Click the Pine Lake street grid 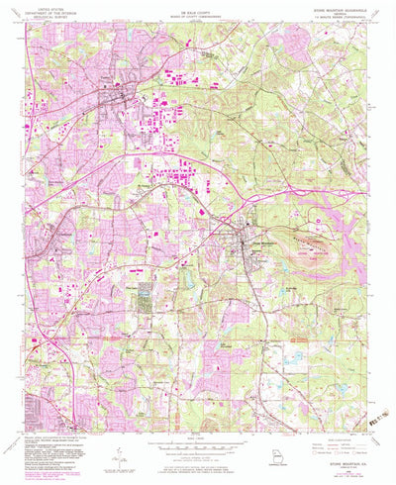(146, 295)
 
